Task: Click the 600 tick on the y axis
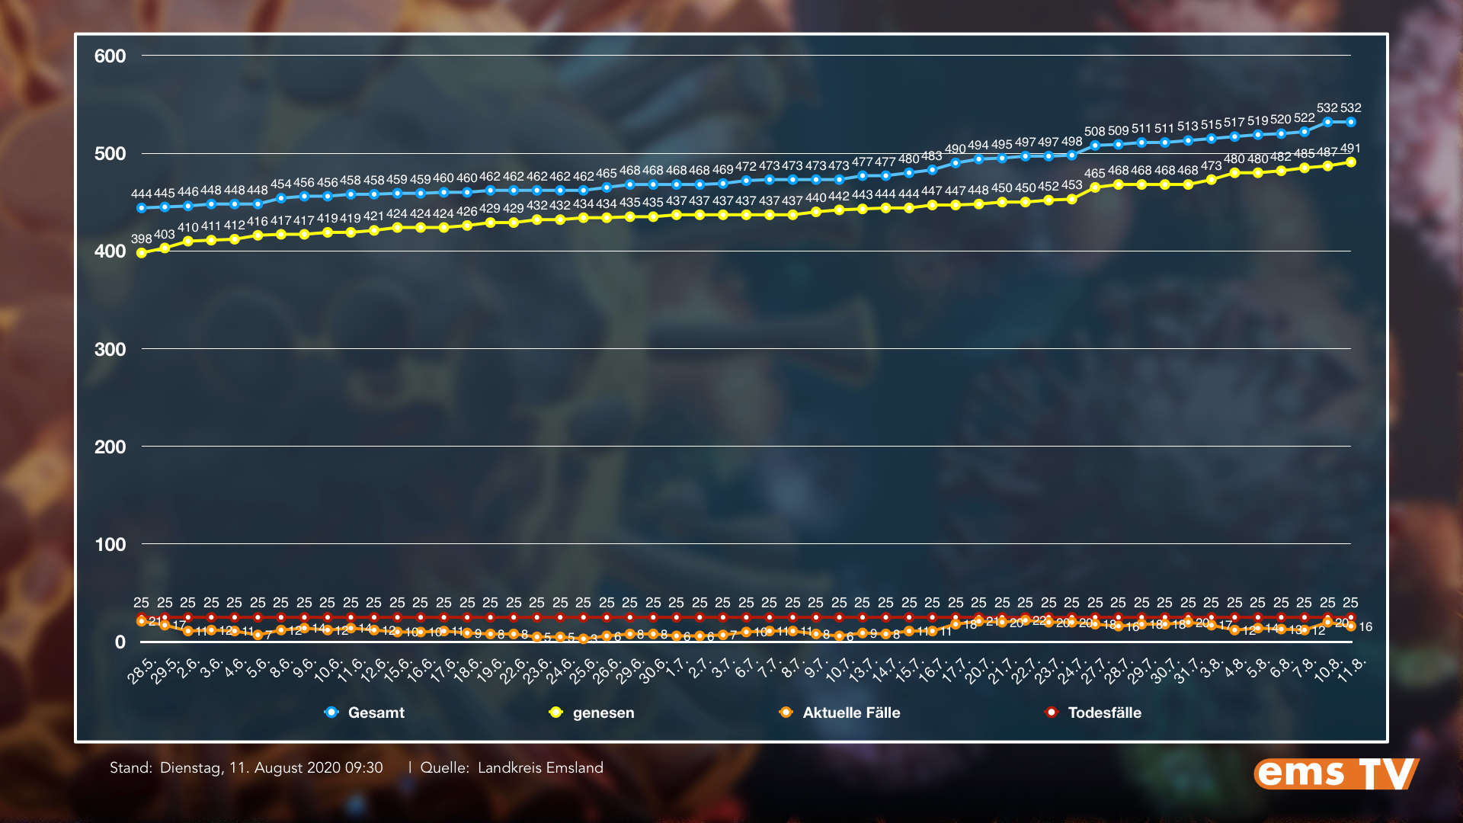pos(110,56)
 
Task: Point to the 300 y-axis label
pos(110,350)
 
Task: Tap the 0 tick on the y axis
pos(120,642)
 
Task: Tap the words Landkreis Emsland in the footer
pos(540,767)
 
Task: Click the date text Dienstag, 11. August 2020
pos(271,767)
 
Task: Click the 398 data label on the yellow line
pos(141,239)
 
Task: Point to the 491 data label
pos(1350,149)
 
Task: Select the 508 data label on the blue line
pos(1095,132)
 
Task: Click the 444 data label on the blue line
pos(141,194)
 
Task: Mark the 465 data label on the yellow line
pos(1095,174)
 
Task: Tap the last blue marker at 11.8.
pos(1351,122)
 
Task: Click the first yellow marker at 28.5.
pos(141,253)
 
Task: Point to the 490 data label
pos(956,149)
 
